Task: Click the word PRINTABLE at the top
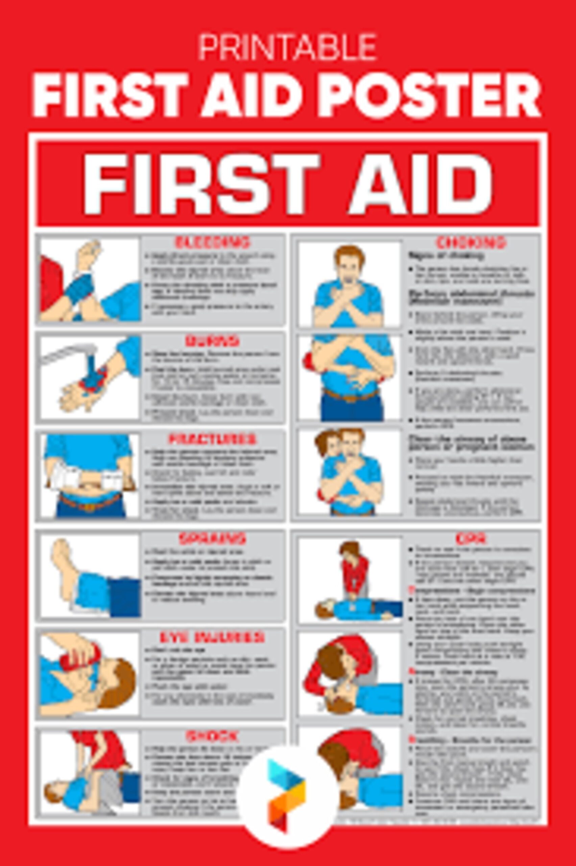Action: point(288,47)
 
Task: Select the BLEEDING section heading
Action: point(212,242)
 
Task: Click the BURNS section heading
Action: point(212,341)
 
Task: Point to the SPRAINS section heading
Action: point(212,539)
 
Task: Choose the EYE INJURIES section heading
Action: point(212,637)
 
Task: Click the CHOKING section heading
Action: point(471,243)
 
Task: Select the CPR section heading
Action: point(471,539)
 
